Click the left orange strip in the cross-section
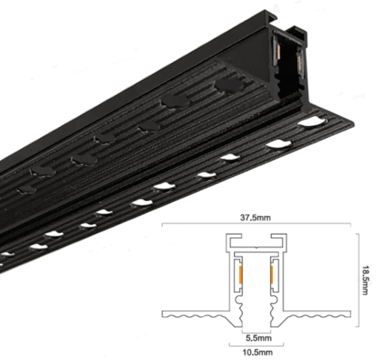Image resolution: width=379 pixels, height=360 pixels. coord(243,276)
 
